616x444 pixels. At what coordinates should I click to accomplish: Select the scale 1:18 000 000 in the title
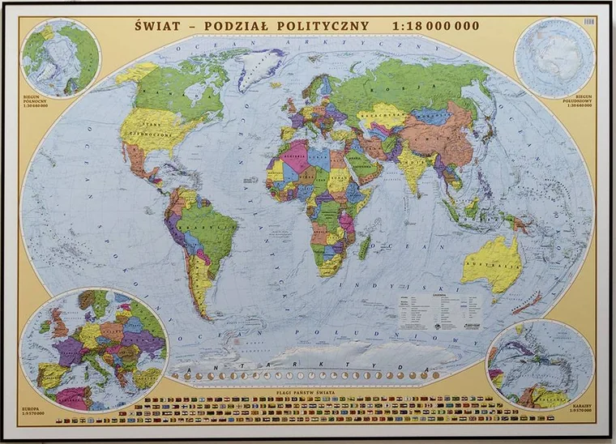(x=435, y=25)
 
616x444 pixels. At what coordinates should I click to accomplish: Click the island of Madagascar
(x=365, y=246)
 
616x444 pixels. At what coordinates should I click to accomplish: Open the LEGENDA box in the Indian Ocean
(x=438, y=308)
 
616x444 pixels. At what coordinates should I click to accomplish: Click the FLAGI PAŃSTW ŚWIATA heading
(x=308, y=389)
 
